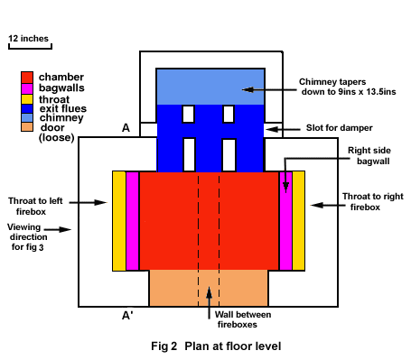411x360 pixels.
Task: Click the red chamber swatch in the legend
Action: click(x=27, y=78)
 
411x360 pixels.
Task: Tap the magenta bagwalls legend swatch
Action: click(x=27, y=88)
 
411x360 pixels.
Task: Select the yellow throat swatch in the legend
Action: click(x=27, y=99)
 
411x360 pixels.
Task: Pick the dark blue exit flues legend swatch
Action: click(x=27, y=108)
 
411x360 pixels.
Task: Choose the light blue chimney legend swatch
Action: click(x=27, y=117)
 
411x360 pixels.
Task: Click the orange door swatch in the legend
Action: click(x=27, y=126)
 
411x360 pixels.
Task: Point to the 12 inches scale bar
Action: click(x=30, y=46)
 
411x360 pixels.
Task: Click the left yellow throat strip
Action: click(x=119, y=221)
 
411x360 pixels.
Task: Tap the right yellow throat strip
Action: click(x=298, y=221)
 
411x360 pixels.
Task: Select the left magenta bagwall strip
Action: click(x=132, y=221)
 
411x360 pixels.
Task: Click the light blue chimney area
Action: click(x=210, y=87)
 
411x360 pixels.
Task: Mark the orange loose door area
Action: click(x=209, y=288)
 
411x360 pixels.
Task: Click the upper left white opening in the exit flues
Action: click(x=188, y=114)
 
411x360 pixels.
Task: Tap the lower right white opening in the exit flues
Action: click(x=229, y=155)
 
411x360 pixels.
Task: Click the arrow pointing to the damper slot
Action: click(x=283, y=129)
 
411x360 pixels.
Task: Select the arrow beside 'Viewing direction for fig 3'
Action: click(x=58, y=229)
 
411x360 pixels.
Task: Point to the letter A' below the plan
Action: click(x=127, y=316)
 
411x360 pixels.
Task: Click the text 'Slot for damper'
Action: click(x=340, y=128)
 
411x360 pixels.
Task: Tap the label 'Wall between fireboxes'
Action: click(x=242, y=319)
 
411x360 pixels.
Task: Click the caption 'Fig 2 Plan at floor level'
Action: click(x=216, y=346)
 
